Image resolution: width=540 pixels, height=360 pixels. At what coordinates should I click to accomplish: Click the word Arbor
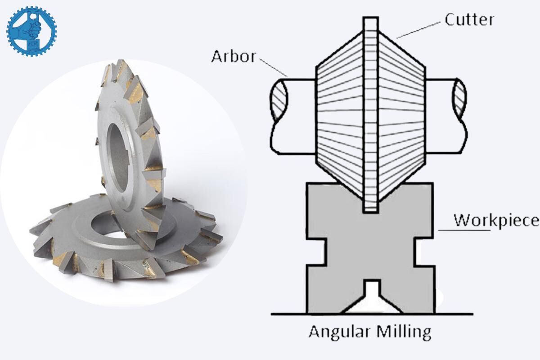coord(234,57)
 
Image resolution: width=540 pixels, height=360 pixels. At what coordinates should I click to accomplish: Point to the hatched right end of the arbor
coord(460,100)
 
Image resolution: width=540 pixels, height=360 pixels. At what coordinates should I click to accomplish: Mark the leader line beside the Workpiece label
coord(463,230)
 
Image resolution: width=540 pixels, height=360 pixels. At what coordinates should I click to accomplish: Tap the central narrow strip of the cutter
coord(370,112)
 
